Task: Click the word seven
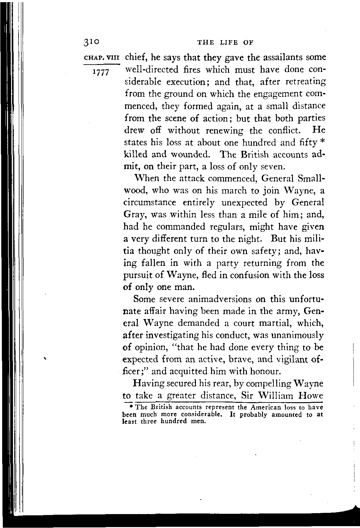point(272,167)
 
